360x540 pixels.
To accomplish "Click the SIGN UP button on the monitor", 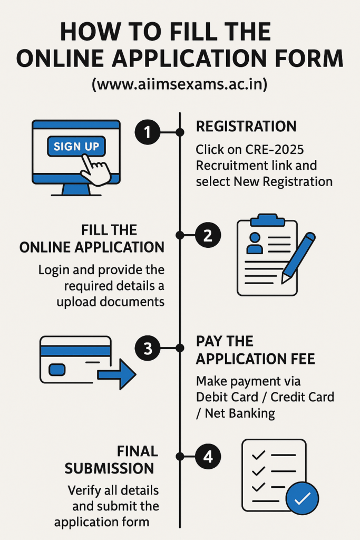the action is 76,147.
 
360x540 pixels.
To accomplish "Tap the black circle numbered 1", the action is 148,132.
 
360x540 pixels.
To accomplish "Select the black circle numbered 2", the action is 208,235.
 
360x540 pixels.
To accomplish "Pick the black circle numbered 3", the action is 148,348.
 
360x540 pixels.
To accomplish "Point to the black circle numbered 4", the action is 208,457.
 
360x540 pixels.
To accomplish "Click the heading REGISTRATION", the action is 246,127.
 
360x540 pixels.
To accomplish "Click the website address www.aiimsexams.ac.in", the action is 179,84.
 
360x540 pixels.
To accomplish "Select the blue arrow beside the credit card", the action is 117,374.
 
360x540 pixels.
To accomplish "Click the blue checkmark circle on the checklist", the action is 302,498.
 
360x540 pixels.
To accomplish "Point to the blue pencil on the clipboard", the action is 298,258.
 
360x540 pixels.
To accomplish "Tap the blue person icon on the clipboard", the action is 255,243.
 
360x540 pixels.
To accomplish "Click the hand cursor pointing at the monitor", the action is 96,169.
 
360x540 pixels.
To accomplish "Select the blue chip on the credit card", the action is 57,370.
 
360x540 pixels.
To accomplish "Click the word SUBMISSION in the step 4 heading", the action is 110,468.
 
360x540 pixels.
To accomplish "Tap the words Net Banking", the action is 240,413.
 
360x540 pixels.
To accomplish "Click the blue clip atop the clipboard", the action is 267,220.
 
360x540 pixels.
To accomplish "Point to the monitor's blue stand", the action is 76,189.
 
